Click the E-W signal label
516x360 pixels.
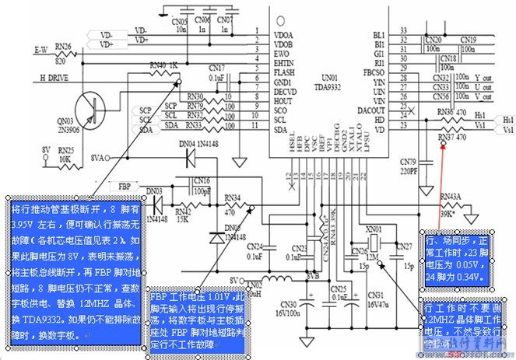point(41,50)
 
